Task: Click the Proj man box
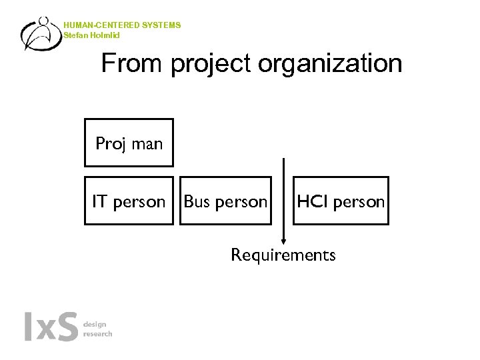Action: (x=129, y=143)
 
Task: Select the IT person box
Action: (x=129, y=201)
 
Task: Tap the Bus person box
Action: (x=225, y=201)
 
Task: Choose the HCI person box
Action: (x=341, y=201)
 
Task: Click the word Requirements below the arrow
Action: (x=283, y=255)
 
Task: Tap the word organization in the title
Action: (x=330, y=65)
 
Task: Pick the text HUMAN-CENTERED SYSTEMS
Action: (x=122, y=25)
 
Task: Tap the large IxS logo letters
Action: (x=51, y=327)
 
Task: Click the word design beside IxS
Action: (x=94, y=324)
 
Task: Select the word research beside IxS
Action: (x=97, y=333)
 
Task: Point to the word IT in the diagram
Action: (x=99, y=201)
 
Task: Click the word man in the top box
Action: (x=147, y=144)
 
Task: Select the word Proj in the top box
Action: (x=111, y=144)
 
